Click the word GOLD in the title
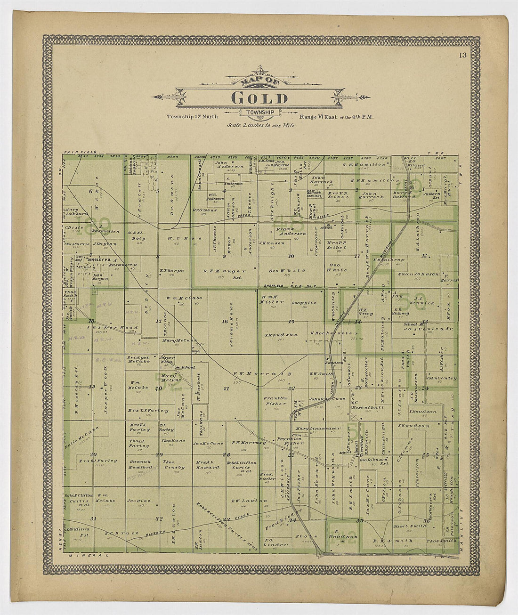click(259, 98)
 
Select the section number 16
click(224, 322)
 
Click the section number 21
click(226, 388)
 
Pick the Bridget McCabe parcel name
click(138, 360)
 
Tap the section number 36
click(426, 520)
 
